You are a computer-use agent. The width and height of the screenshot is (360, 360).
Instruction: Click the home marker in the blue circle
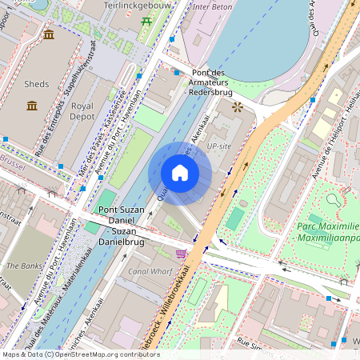(x=180, y=173)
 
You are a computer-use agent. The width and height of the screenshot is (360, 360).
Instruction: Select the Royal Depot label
(x=82, y=111)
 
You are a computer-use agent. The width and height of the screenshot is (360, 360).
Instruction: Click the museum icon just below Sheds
(x=32, y=106)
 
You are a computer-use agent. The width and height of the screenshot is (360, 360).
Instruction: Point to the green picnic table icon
(x=146, y=21)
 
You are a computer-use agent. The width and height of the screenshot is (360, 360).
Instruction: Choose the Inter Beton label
(x=212, y=7)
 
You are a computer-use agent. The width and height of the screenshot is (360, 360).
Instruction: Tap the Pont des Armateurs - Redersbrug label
(x=218, y=82)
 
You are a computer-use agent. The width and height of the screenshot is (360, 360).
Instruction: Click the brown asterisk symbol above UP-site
(x=236, y=106)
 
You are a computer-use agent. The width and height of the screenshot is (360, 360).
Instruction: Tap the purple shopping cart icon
(x=182, y=254)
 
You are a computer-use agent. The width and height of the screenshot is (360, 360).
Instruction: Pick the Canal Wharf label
(x=151, y=271)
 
